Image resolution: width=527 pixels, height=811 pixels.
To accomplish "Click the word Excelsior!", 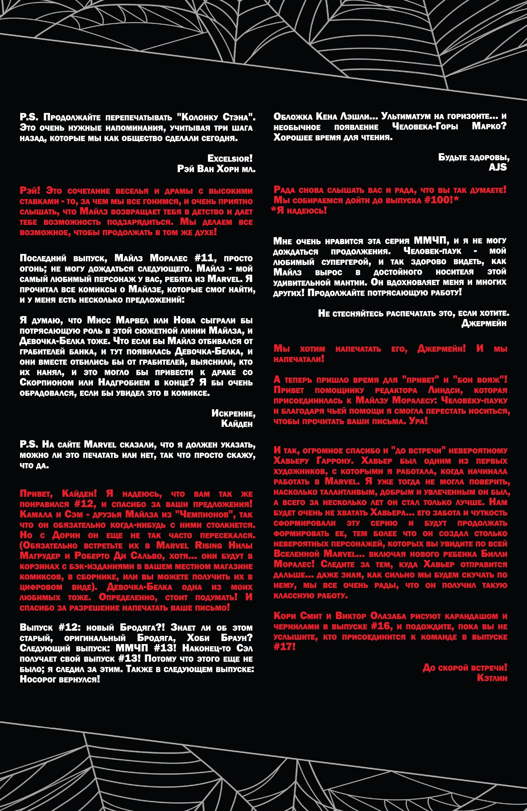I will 230,158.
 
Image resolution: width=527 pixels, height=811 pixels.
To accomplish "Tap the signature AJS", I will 498,167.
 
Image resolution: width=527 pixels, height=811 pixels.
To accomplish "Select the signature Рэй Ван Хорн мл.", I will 216,169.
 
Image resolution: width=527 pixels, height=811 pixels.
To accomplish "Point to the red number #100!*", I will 441,200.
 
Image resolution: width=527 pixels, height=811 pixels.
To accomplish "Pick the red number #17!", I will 285,647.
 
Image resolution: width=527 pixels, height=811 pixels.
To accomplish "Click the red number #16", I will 381,626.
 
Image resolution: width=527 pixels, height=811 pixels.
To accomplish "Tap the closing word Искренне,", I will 233,413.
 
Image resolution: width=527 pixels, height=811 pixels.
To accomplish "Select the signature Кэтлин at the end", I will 492,678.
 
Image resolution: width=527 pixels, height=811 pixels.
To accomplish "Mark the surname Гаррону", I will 335,461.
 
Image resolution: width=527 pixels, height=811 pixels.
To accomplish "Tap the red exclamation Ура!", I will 418,421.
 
